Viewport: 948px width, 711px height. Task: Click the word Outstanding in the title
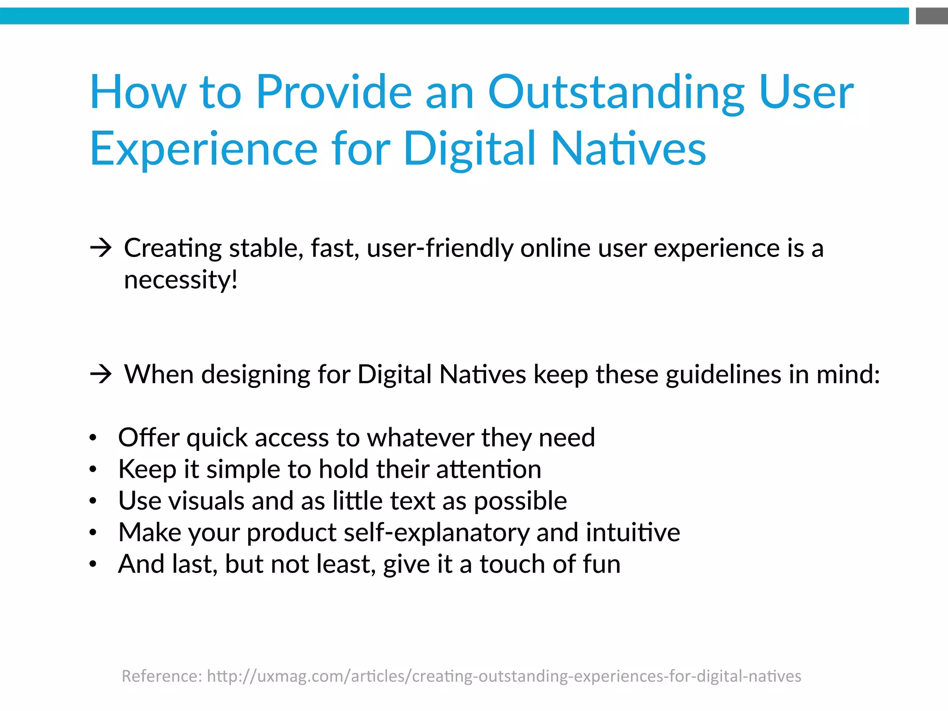click(x=616, y=93)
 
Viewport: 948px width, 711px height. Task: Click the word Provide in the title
click(x=333, y=93)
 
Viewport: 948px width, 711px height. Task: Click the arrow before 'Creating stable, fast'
click(x=101, y=249)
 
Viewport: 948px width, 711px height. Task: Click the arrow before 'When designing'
click(x=101, y=374)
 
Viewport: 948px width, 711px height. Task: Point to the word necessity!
click(x=181, y=281)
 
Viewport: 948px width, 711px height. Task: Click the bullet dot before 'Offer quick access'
click(x=93, y=438)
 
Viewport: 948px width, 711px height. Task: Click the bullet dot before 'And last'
click(x=93, y=564)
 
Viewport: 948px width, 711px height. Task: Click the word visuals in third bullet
click(x=206, y=501)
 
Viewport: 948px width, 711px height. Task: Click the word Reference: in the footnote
click(x=162, y=676)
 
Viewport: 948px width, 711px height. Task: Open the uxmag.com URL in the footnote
click(x=504, y=676)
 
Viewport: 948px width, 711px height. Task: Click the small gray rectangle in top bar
click(x=931, y=16)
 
